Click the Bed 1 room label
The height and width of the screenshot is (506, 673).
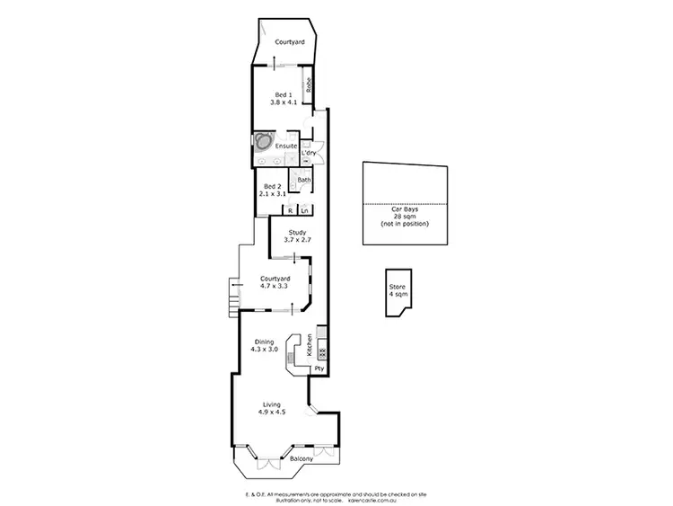click(283, 94)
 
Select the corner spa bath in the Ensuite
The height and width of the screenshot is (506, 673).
click(263, 141)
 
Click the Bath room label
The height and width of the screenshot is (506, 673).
click(304, 180)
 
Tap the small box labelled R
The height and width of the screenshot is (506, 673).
click(290, 210)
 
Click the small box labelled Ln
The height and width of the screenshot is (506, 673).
click(305, 210)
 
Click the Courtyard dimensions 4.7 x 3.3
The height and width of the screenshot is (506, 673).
click(275, 286)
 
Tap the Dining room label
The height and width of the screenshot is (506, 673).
click(264, 341)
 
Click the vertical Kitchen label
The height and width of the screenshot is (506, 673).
click(309, 345)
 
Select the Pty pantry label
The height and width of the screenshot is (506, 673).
click(319, 368)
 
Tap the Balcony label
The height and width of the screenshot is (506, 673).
click(302, 460)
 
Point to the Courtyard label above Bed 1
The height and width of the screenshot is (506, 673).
click(288, 42)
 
